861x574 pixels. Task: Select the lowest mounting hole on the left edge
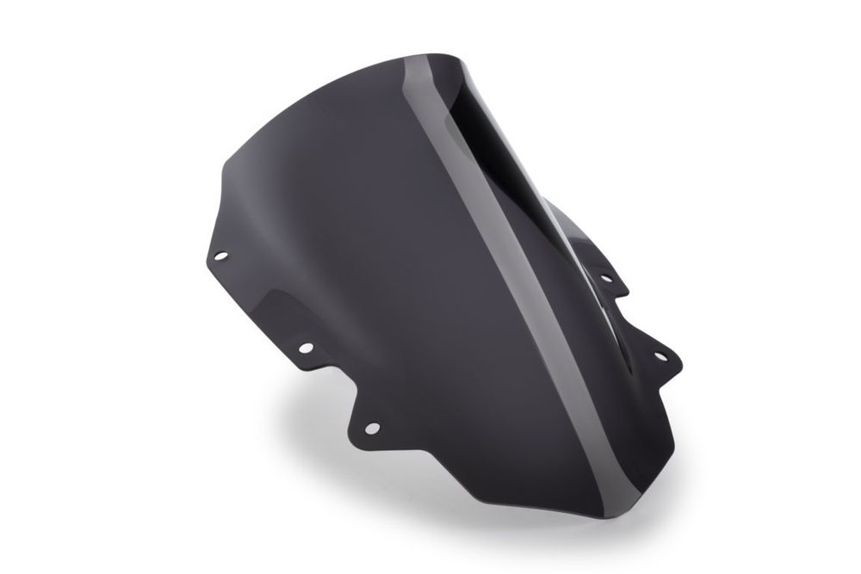(371, 428)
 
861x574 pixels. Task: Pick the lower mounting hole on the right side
(661, 354)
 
